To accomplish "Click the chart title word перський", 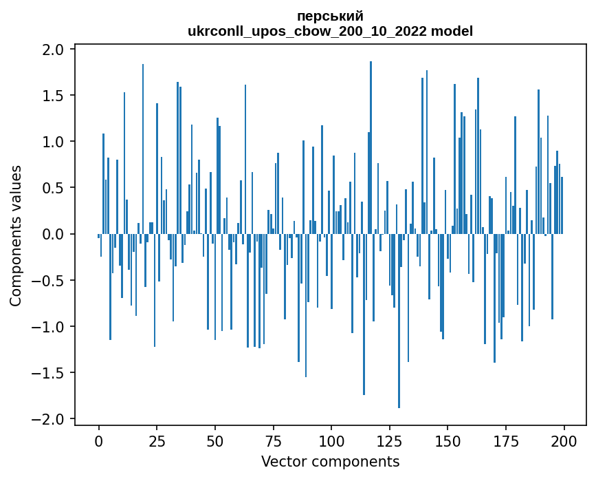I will click(330, 16).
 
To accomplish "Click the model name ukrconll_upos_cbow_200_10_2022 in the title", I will click(311, 31).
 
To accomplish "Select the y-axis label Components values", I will click(16, 235).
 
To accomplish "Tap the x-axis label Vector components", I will click(330, 461).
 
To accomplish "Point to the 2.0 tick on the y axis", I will click(54, 50).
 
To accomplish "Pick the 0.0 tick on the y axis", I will click(54, 235).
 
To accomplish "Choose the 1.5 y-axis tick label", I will click(54, 96).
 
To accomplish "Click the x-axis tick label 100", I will click(331, 440).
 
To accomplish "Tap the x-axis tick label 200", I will click(564, 440).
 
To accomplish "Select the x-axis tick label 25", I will click(157, 440).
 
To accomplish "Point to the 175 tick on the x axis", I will click(506, 440).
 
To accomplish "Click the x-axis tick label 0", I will click(99, 440).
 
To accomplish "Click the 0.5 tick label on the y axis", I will click(54, 188).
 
